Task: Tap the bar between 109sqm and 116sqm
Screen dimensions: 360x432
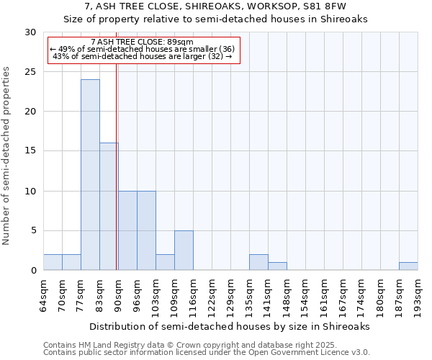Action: click(x=184, y=251)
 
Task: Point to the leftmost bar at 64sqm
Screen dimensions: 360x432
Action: click(x=53, y=263)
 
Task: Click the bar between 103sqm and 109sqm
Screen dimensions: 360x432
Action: click(x=165, y=263)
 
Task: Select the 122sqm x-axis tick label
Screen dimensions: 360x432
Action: click(x=212, y=295)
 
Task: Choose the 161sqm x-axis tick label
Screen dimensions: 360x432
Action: click(x=324, y=295)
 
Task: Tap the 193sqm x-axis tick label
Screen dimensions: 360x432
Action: click(x=418, y=295)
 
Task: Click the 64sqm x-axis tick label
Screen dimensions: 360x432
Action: click(x=43, y=295)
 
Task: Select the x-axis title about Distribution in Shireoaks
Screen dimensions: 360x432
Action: click(x=230, y=326)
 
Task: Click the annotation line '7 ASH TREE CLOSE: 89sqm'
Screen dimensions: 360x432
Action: click(x=143, y=42)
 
